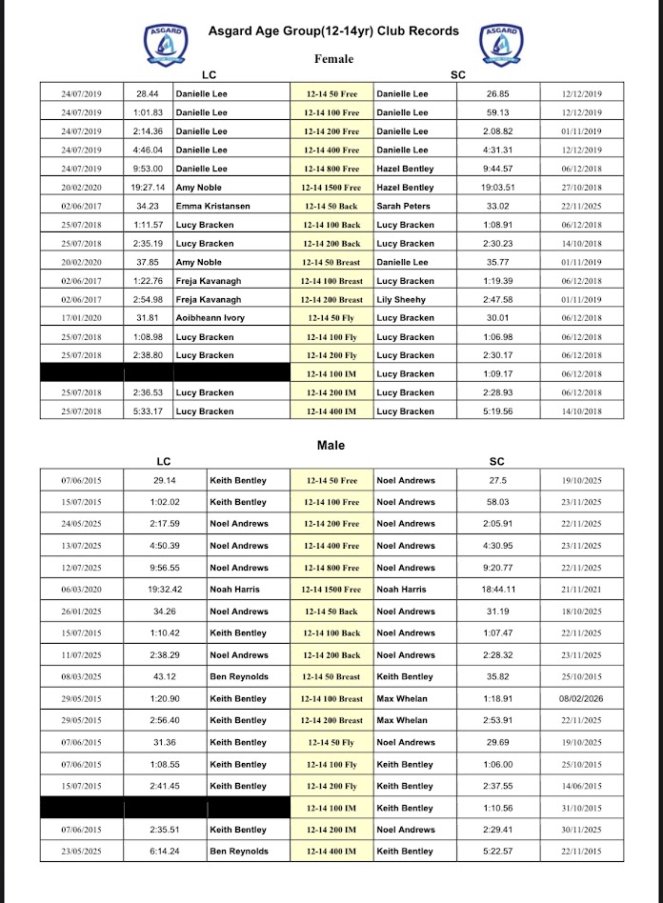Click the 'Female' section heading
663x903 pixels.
point(333,59)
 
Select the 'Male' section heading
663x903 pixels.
point(331,445)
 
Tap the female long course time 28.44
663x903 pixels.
point(148,94)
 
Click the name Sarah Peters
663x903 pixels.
point(403,206)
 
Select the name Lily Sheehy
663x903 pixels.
point(401,300)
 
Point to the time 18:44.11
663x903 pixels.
point(497,590)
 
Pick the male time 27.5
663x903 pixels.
point(497,481)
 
